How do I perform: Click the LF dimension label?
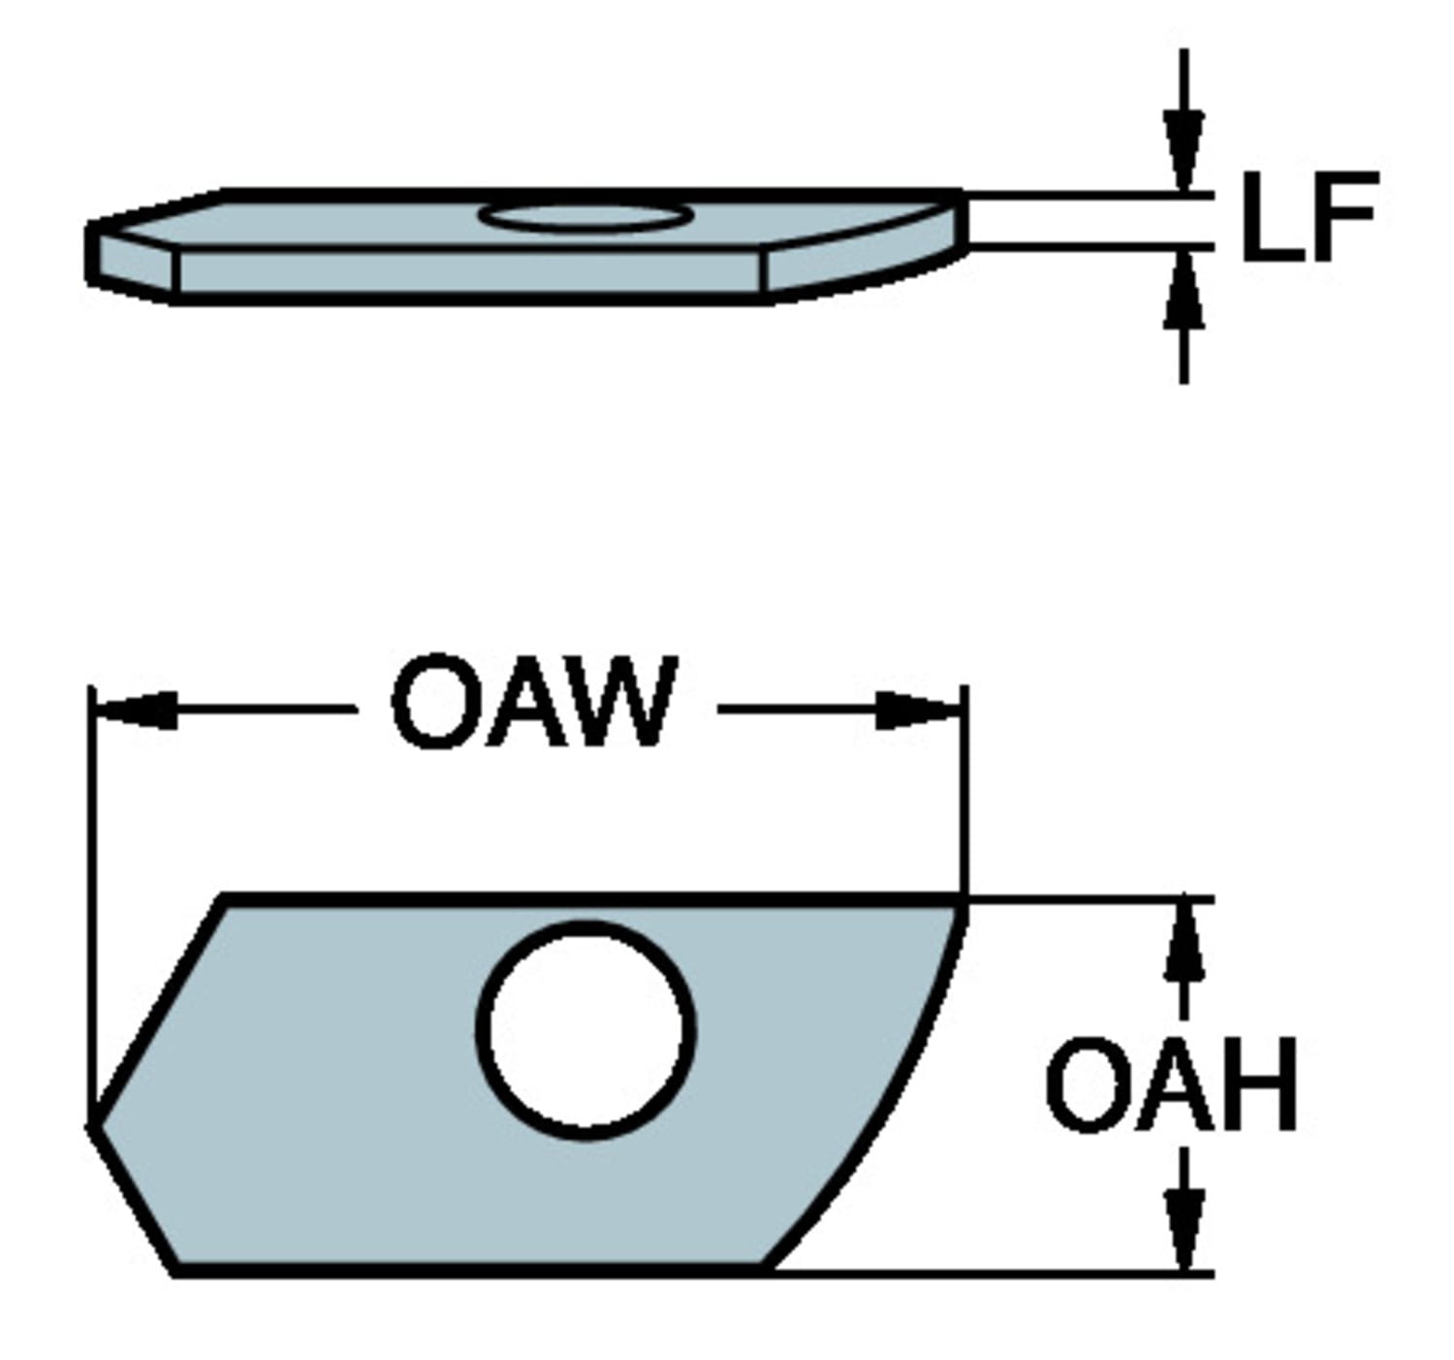1309,216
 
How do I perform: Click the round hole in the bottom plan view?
586,1029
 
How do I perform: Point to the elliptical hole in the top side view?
585,215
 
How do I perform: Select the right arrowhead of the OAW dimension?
916,711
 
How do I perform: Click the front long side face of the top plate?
470,272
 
